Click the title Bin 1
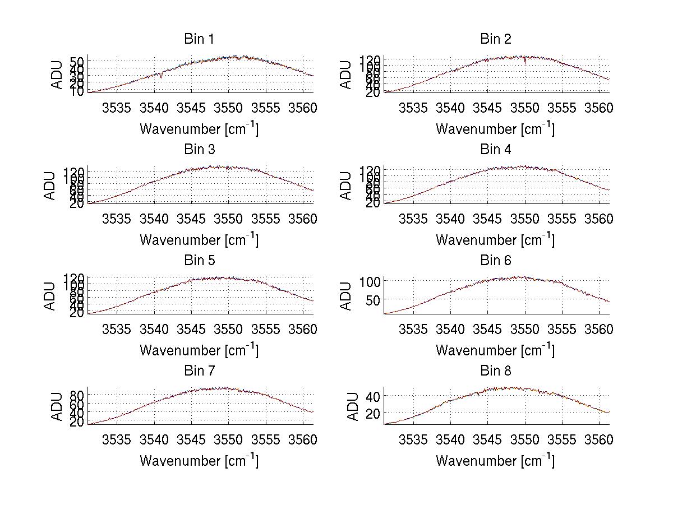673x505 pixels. (199, 39)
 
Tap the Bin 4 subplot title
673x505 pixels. (496, 150)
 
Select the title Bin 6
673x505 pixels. (496, 261)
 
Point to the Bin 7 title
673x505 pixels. (199, 371)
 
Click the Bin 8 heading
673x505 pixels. (496, 371)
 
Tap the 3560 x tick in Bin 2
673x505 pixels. (599, 108)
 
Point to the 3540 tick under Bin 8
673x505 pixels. (450, 440)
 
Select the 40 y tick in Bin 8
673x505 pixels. (374, 396)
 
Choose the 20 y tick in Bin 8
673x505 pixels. (374, 413)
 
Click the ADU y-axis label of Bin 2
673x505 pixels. (347, 75)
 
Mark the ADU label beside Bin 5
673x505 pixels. (50, 296)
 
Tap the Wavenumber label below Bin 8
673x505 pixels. (495, 460)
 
